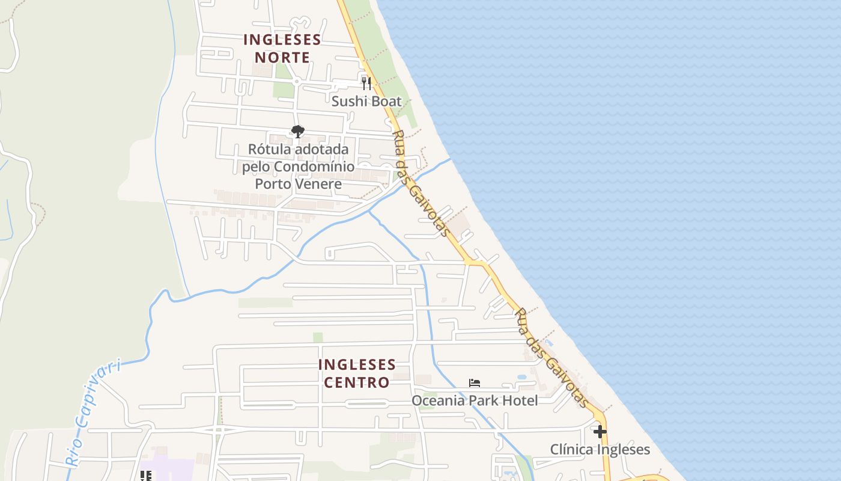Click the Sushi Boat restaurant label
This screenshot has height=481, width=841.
tap(366, 101)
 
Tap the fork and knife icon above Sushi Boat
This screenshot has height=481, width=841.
tap(366, 83)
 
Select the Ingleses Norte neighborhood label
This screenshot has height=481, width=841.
tap(282, 49)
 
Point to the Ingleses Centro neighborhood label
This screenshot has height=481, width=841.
tap(357, 373)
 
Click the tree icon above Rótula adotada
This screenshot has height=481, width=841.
tap(297, 132)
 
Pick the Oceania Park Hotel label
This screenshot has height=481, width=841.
tap(475, 400)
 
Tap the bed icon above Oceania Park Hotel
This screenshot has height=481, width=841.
tap(475, 383)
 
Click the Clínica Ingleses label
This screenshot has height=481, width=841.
tap(600, 450)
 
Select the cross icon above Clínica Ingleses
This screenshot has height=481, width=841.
tap(600, 432)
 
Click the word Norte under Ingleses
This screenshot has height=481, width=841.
tap(282, 58)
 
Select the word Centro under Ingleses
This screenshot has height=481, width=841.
tap(357, 382)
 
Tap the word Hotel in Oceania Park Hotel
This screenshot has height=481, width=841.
tap(520, 400)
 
